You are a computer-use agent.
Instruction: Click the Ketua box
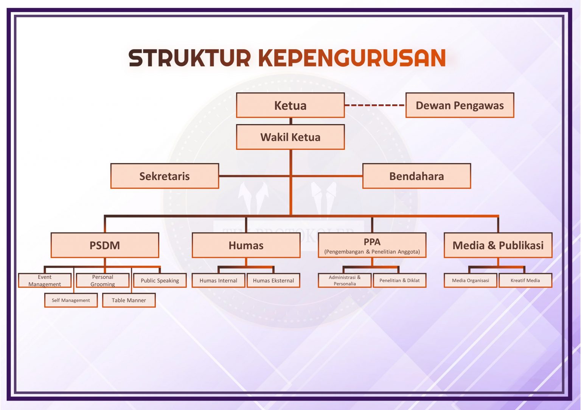pyautogui.click(x=290, y=105)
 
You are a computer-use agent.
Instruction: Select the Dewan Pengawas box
pyautogui.click(x=460, y=105)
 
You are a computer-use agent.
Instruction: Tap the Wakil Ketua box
pyautogui.click(x=290, y=137)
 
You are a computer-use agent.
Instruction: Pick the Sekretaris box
pyautogui.click(x=165, y=176)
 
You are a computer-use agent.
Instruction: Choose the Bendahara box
pyautogui.click(x=416, y=176)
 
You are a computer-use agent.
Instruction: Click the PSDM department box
pyautogui.click(x=105, y=245)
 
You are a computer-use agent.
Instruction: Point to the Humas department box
pyautogui.click(x=246, y=245)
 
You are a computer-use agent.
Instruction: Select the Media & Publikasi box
pyautogui.click(x=498, y=245)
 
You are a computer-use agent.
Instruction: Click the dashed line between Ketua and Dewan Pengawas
pyautogui.click(x=375, y=105)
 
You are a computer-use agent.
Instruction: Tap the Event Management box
pyautogui.click(x=45, y=280)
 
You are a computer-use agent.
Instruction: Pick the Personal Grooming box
pyautogui.click(x=103, y=280)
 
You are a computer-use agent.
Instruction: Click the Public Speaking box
pyautogui.click(x=160, y=280)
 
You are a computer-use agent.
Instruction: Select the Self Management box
pyautogui.click(x=71, y=300)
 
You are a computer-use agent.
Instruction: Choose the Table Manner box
pyautogui.click(x=129, y=300)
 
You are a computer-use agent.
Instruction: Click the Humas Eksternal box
pyautogui.click(x=273, y=280)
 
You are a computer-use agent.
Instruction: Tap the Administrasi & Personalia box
pyautogui.click(x=344, y=280)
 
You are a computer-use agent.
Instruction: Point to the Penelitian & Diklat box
pyautogui.click(x=399, y=280)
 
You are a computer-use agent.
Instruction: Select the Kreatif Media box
pyautogui.click(x=525, y=280)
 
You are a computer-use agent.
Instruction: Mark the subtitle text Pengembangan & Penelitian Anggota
pyautogui.click(x=372, y=252)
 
